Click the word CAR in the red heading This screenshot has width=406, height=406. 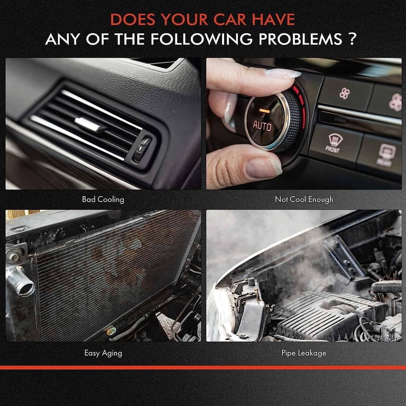228,19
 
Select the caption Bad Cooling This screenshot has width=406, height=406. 103,199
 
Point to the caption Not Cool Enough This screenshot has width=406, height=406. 304,199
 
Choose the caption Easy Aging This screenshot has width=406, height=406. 103,352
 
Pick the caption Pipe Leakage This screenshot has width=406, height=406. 304,352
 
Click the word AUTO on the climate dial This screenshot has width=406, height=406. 262,125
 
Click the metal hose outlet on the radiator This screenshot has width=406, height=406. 21,285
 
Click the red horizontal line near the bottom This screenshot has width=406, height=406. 203,367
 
